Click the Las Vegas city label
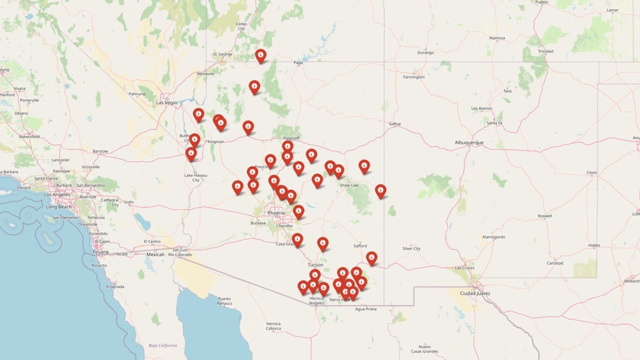pyautogui.click(x=167, y=102)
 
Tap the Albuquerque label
pyautogui.click(x=469, y=142)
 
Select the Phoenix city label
pyautogui.click(x=276, y=213)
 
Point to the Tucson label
pyautogui.click(x=315, y=265)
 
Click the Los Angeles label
pyautogui.click(x=57, y=195)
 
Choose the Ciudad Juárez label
pyautogui.click(x=475, y=293)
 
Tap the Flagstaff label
pyautogui.click(x=291, y=138)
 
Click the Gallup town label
pyautogui.click(x=395, y=124)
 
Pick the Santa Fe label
pyautogui.click(x=495, y=123)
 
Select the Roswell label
pyautogui.click(x=545, y=216)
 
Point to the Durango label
pyautogui.click(x=425, y=52)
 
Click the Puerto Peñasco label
pyautogui.click(x=224, y=301)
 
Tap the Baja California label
pyautogui.click(x=163, y=345)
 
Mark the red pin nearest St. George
pyautogui.click(x=260, y=55)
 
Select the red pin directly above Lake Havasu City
pyautogui.click(x=191, y=154)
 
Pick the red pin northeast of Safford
pyautogui.click(x=371, y=258)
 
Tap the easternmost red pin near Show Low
pyautogui.click(x=380, y=191)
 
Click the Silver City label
pyautogui.click(x=411, y=249)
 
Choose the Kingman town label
pyautogui.click(x=216, y=142)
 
